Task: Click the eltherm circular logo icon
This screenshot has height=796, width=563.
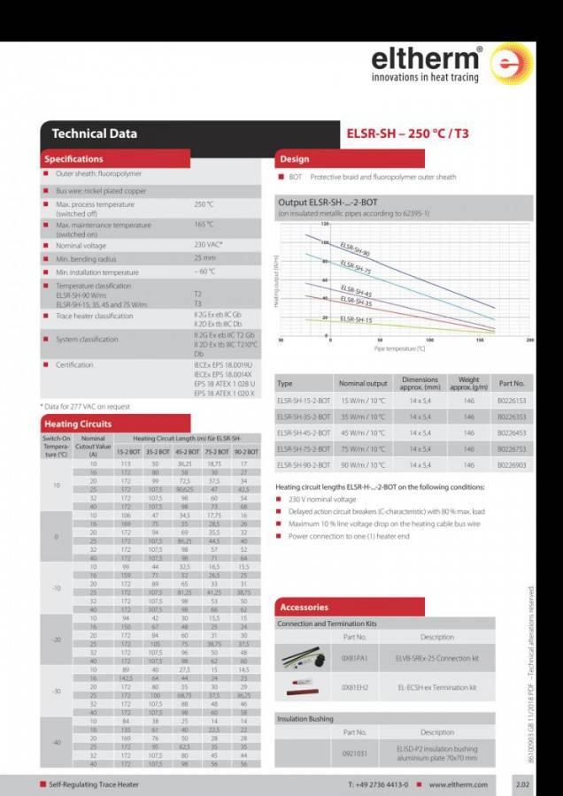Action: (x=512, y=64)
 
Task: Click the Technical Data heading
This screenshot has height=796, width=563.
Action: (x=94, y=134)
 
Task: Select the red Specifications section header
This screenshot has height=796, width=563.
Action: (x=73, y=159)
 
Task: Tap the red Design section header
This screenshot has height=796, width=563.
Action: (x=295, y=159)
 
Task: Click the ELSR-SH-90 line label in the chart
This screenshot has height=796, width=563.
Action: (x=355, y=249)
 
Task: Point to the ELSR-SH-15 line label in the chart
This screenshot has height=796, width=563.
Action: (x=356, y=319)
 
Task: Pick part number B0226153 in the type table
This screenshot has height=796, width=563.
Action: (x=511, y=401)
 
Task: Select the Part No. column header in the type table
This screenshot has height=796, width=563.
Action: (x=511, y=384)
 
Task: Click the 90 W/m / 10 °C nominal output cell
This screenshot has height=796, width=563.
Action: (x=363, y=464)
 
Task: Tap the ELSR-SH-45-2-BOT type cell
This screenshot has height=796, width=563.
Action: (x=304, y=432)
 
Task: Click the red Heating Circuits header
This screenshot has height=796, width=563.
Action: (x=78, y=424)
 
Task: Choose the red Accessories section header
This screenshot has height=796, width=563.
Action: (x=304, y=607)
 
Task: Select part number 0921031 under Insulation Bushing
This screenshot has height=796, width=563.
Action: (x=354, y=753)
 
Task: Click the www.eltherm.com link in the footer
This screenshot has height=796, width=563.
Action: (x=458, y=785)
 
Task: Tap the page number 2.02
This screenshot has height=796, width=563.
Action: (x=522, y=785)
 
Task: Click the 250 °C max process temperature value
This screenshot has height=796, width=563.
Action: (x=204, y=204)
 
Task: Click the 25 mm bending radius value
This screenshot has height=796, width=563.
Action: (x=204, y=258)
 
